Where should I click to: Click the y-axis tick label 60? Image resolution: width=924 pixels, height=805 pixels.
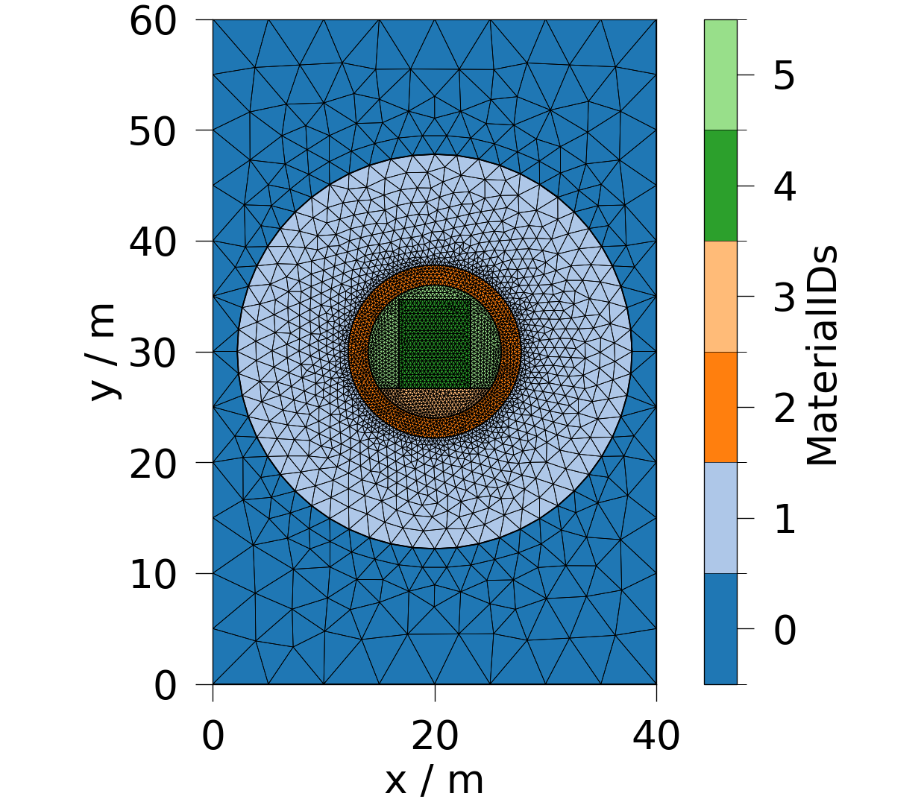click(x=153, y=20)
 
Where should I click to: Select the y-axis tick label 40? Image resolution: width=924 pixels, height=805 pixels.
click(x=153, y=242)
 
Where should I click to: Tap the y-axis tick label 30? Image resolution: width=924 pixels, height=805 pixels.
click(x=153, y=353)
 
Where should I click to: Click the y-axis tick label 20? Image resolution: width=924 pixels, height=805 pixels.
click(x=153, y=464)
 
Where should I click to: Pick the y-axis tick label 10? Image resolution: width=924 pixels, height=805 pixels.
click(x=153, y=575)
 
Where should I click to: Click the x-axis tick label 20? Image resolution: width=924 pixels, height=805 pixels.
click(x=435, y=736)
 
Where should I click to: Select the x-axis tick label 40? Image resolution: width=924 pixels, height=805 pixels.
click(x=656, y=736)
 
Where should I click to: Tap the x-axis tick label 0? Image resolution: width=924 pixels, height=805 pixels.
click(x=213, y=736)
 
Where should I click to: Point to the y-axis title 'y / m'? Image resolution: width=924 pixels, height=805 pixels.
click(x=102, y=352)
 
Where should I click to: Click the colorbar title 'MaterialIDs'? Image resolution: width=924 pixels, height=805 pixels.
click(x=823, y=355)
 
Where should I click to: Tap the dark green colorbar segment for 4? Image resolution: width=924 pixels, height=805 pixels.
click(x=720, y=186)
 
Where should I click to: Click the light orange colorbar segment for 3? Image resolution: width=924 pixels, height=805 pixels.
click(x=720, y=297)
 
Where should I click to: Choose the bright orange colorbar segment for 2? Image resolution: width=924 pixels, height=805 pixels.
click(x=720, y=407)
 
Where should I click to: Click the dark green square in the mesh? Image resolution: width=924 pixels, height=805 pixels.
click(x=435, y=343)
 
